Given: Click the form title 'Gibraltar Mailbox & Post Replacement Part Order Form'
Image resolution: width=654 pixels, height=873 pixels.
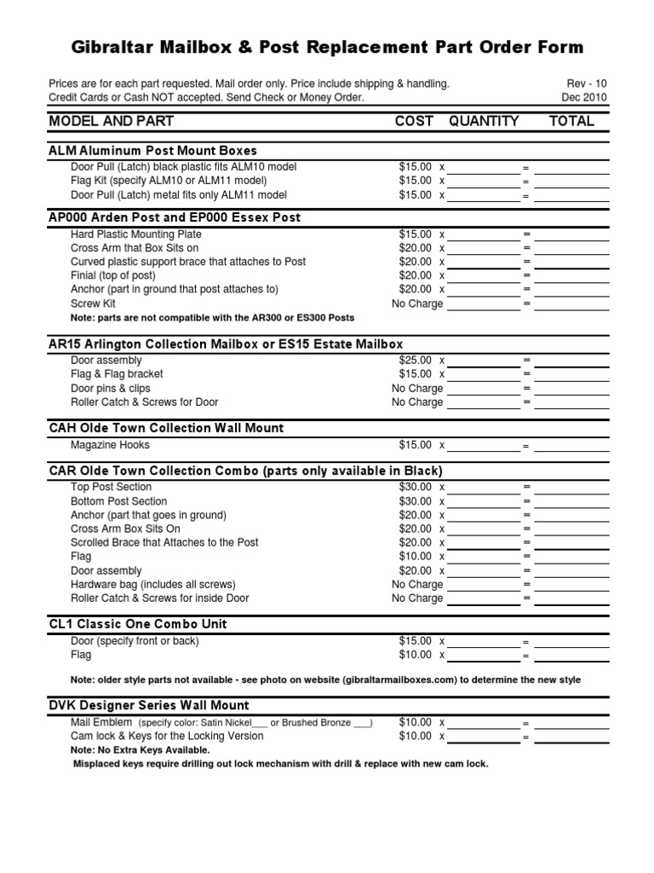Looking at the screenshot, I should [x=327, y=47].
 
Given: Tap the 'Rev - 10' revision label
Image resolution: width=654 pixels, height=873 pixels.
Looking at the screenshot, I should [x=587, y=84].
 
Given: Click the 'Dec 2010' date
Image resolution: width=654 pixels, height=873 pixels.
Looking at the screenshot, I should [x=584, y=97].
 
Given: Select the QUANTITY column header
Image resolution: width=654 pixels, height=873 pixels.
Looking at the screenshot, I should [x=484, y=121].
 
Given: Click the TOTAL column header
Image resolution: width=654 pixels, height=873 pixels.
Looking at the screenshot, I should [x=572, y=121].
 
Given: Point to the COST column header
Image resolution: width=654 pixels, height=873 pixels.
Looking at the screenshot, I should [x=414, y=121].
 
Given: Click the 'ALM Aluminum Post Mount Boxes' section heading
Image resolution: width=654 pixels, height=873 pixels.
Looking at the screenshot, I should [x=153, y=151].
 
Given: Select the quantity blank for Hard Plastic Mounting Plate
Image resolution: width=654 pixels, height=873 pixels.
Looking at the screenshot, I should [x=483, y=234].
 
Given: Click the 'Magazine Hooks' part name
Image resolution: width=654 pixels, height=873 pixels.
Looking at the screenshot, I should [x=110, y=445].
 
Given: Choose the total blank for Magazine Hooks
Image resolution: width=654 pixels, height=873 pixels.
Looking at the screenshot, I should [x=571, y=446].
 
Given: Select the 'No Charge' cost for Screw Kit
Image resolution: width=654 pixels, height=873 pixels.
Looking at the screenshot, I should [x=416, y=304].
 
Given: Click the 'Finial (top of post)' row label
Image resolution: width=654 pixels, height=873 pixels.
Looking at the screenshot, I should [x=113, y=275].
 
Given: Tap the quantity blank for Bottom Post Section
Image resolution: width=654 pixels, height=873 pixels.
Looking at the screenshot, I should [x=483, y=502].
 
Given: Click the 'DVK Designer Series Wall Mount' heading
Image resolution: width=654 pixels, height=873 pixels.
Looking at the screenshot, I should [x=149, y=705].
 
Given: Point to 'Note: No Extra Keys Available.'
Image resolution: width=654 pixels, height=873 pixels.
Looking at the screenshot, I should [x=140, y=750].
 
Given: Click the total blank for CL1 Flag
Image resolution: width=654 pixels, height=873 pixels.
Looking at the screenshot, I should [x=571, y=656].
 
